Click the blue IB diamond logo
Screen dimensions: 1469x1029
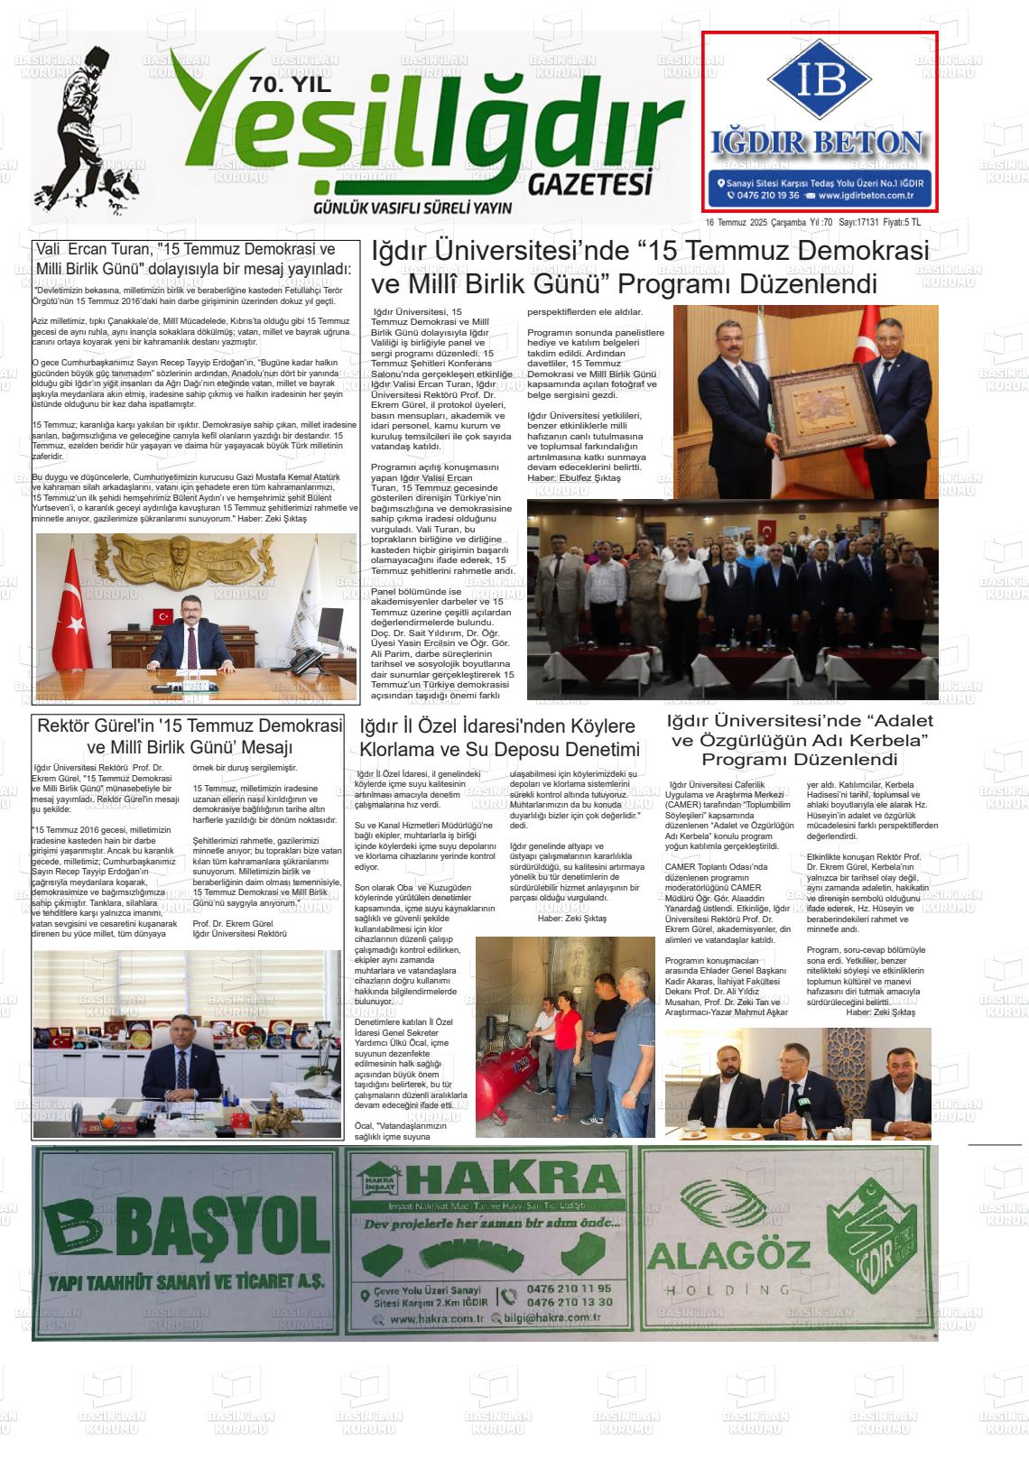pos(820,80)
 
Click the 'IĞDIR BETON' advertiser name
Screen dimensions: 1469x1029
pos(819,143)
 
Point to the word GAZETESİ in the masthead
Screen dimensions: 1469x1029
pos(589,184)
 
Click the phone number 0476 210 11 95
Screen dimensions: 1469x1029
pos(569,1289)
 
